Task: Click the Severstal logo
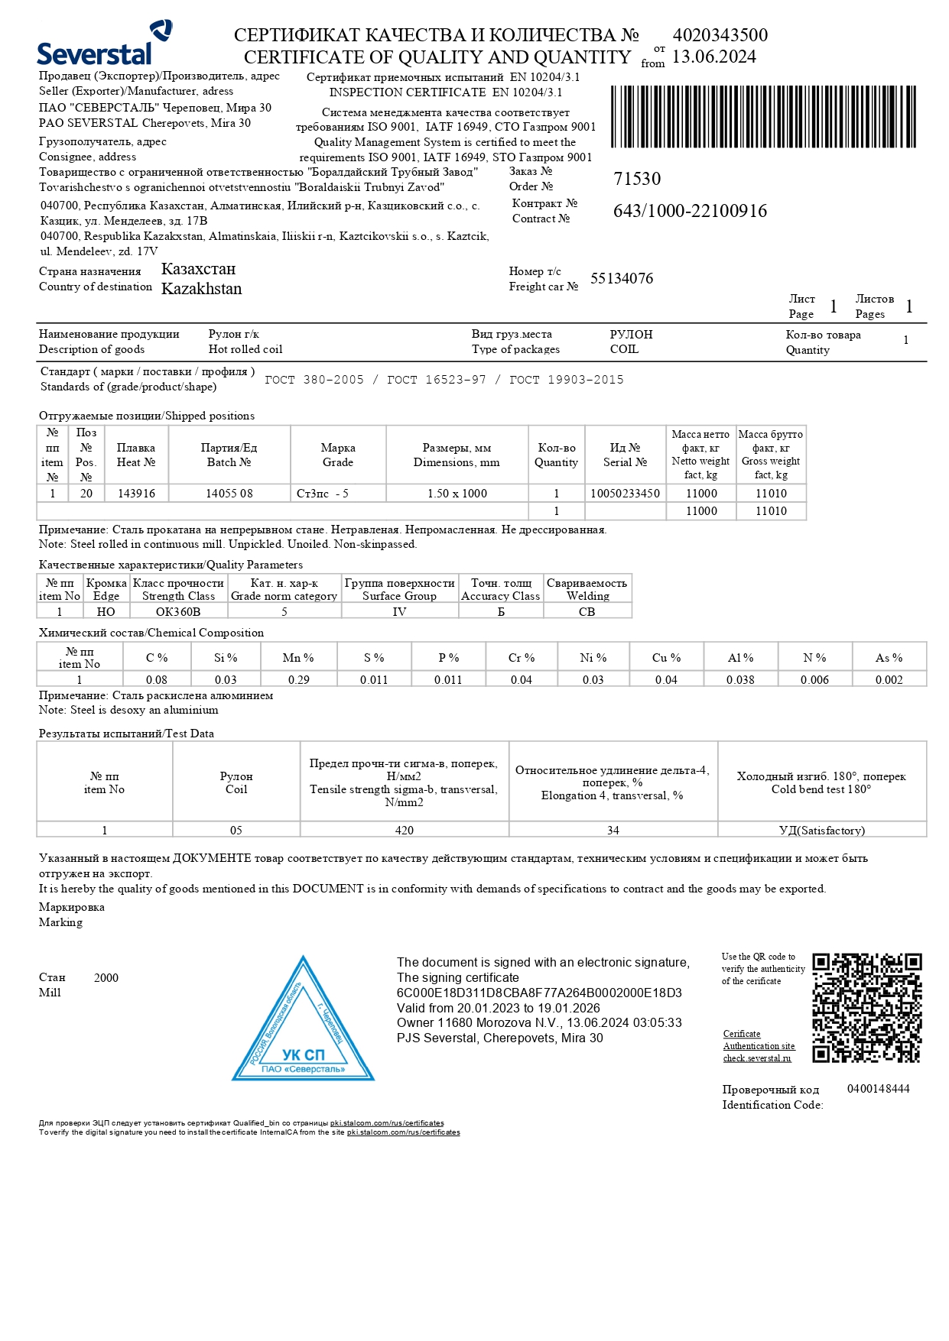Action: (x=104, y=44)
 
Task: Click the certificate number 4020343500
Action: (x=720, y=35)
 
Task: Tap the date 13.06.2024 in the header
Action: (x=713, y=57)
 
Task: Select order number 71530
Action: (x=637, y=179)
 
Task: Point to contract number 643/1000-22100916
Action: (x=690, y=212)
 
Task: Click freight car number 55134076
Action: (x=622, y=279)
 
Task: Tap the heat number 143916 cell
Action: (x=136, y=494)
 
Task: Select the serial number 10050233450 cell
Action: (x=625, y=494)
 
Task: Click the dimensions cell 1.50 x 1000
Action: (x=457, y=494)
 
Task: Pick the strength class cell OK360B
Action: (x=178, y=611)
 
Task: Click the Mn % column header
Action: (x=298, y=658)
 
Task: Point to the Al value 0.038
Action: (x=740, y=679)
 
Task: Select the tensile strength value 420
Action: (x=404, y=830)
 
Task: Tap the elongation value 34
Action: (x=613, y=830)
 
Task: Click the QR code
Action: (x=866, y=1007)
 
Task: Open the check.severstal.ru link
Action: (x=757, y=1058)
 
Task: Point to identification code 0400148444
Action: (x=878, y=1089)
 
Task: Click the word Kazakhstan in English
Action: (x=201, y=289)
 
